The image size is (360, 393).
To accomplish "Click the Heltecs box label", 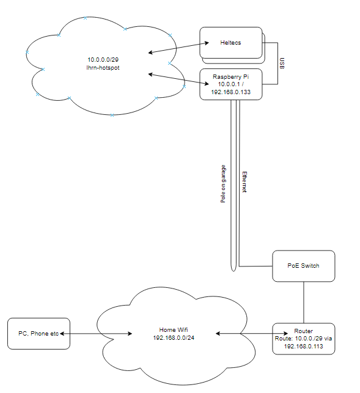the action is [230, 43].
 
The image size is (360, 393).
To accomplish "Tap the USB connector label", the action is [282, 63].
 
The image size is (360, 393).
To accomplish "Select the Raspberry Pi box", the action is [231, 84].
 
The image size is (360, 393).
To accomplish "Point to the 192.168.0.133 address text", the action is [230, 92].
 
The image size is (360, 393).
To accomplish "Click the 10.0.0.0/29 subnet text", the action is [103, 60].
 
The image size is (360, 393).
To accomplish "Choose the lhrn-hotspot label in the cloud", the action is [103, 68].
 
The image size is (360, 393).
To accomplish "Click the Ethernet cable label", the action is [244, 182].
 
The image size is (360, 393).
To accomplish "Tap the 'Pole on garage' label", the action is [223, 184].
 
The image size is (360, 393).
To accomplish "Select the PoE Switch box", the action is [304, 266].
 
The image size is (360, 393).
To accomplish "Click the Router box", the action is [304, 339].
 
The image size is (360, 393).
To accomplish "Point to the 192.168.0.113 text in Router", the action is [303, 347].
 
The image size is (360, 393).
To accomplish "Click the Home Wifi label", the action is [174, 330].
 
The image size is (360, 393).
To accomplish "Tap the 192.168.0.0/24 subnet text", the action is [174, 338].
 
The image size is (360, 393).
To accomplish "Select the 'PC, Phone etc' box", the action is [39, 334].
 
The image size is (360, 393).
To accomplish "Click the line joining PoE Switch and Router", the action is [304, 303].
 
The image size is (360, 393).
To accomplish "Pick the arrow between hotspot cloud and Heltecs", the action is [178, 48].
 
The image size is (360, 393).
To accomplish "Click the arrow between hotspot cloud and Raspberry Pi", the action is [178, 79].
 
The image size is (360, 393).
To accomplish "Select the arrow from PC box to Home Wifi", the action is [96, 334].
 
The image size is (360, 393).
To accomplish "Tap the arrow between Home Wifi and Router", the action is [252, 334].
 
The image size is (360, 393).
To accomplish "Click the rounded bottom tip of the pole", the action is [233, 270].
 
